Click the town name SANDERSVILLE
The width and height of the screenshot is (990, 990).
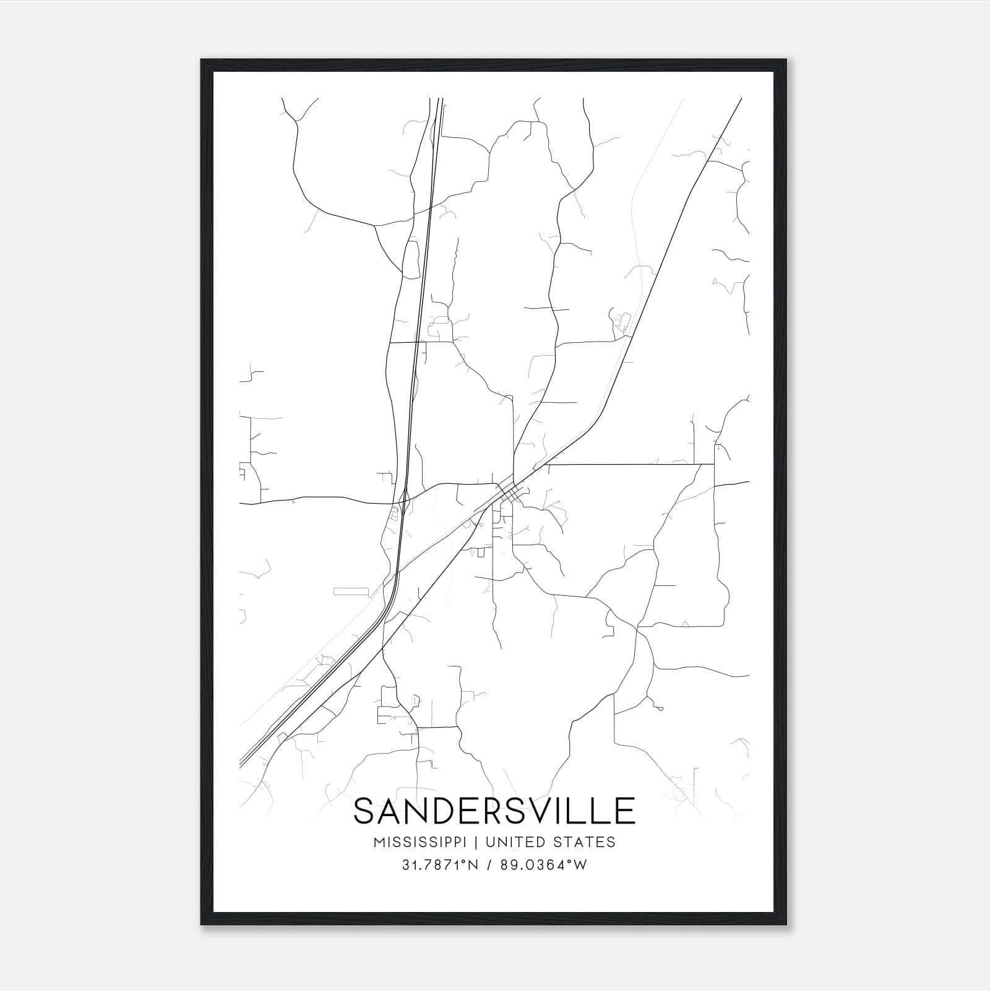tap(494, 811)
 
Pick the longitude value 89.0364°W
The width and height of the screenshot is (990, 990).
tap(546, 865)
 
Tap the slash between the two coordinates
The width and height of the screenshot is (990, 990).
tap(491, 865)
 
